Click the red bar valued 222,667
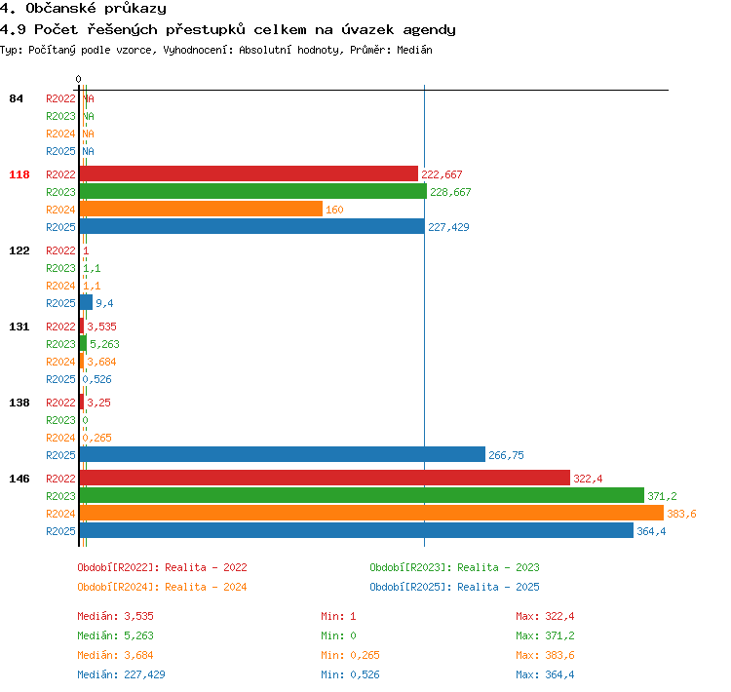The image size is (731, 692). (x=249, y=173)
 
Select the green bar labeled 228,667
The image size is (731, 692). (x=253, y=191)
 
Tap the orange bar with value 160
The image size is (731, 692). (x=201, y=209)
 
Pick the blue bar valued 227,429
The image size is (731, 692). (x=252, y=227)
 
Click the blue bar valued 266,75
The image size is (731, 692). (x=283, y=454)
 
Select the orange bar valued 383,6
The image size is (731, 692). (x=371, y=513)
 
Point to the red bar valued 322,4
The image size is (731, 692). (x=325, y=478)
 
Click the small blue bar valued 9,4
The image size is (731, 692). (x=86, y=303)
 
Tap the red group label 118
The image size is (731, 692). (x=19, y=174)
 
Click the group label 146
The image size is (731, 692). (x=19, y=479)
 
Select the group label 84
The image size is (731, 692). (x=16, y=98)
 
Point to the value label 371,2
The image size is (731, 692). (x=662, y=496)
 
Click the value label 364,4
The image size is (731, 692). (x=651, y=531)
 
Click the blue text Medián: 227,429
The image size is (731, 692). (x=121, y=674)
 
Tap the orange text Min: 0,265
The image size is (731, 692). (x=350, y=655)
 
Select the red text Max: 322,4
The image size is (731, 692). (x=545, y=616)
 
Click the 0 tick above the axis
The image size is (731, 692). (x=78, y=79)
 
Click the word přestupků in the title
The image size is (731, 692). (x=205, y=30)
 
